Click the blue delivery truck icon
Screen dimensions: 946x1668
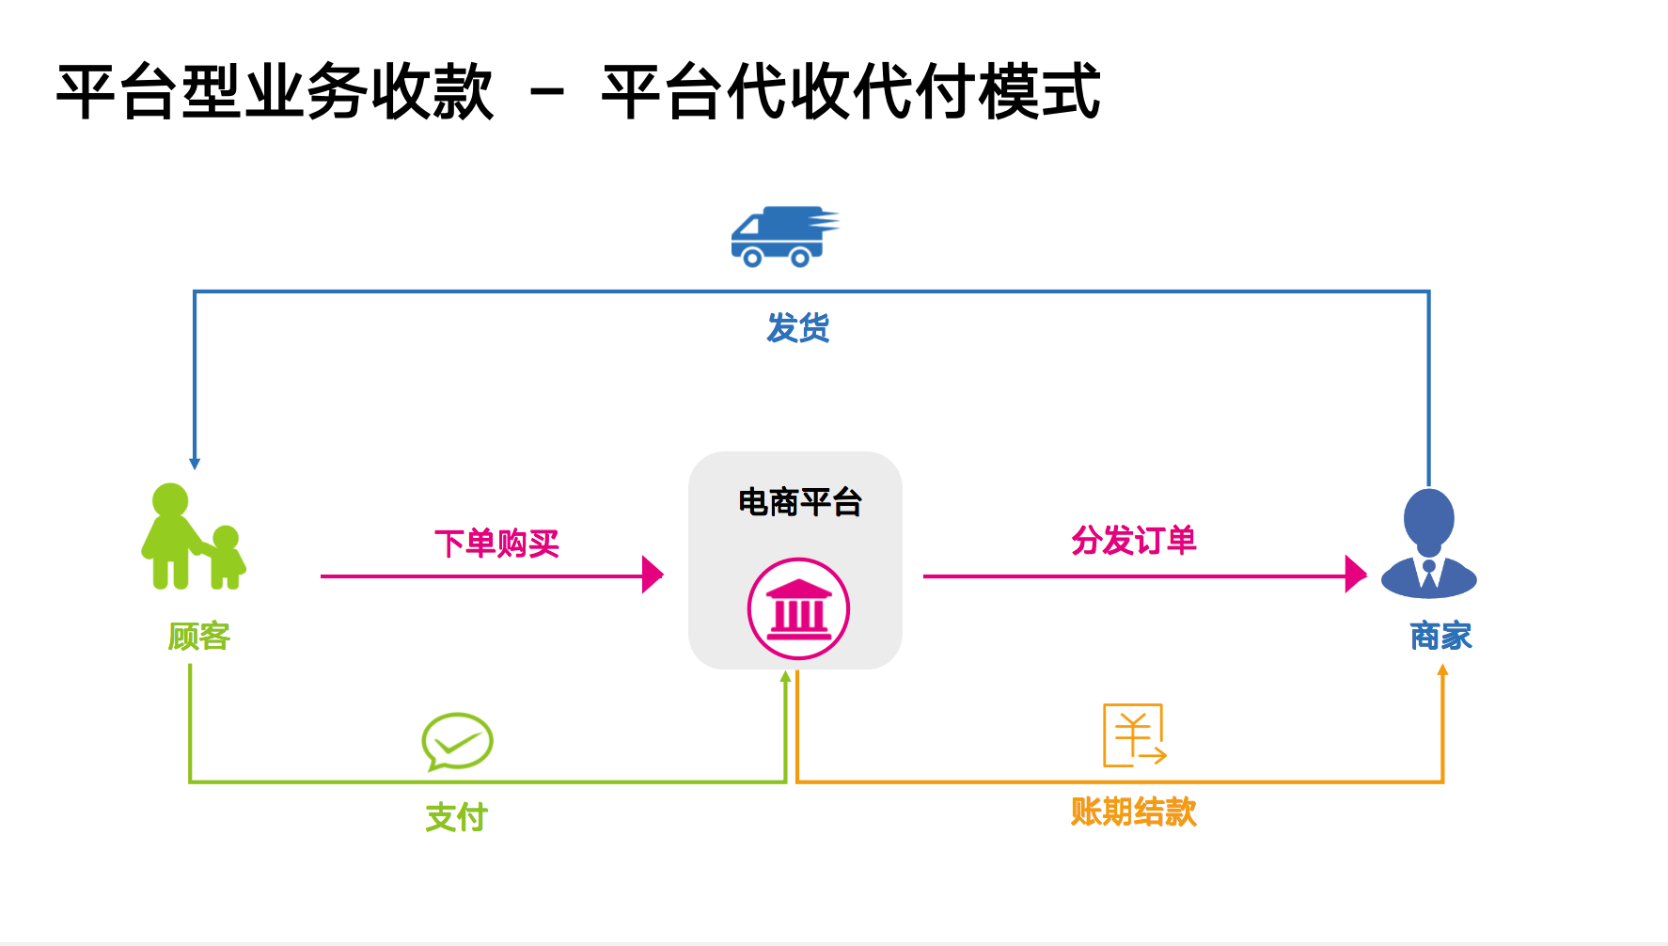782,236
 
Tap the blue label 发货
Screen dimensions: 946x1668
797,328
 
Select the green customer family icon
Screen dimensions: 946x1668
193,537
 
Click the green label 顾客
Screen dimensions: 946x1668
198,637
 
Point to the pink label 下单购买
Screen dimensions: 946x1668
496,544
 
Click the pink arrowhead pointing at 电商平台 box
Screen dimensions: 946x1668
653,575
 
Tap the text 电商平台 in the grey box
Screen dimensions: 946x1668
799,502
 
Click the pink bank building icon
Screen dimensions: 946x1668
798,608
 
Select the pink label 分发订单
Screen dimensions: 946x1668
1133,541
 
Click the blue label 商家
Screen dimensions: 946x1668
1440,637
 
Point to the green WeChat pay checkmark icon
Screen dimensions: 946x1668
457,741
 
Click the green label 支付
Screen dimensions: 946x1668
456,817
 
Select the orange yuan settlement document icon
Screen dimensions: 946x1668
1134,735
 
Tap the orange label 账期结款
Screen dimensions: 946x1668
1133,812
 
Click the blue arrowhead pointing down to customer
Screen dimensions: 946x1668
195,463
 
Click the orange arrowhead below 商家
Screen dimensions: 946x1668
1442,670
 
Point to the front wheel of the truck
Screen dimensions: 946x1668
752,257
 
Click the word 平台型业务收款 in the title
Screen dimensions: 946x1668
275,92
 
